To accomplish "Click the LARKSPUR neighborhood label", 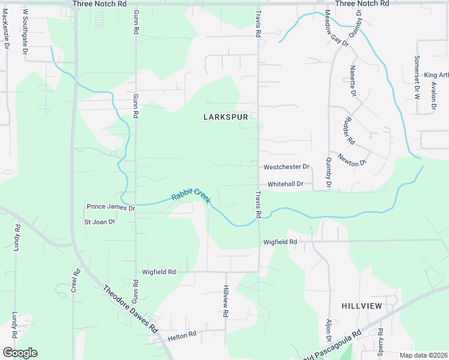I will (x=226, y=118).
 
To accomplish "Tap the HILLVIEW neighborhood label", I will (x=361, y=306).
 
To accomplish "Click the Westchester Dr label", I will (x=286, y=167).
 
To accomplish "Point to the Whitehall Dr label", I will (x=289, y=184).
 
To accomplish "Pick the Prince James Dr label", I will (x=111, y=207).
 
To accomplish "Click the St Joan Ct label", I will (x=100, y=222).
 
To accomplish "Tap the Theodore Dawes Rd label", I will (x=130, y=308).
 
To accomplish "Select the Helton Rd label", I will (x=182, y=334).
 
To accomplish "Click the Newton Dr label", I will (x=352, y=160).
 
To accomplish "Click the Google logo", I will (x=20, y=353).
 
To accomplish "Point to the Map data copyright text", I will (x=424, y=355).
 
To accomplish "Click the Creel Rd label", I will (x=77, y=280).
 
